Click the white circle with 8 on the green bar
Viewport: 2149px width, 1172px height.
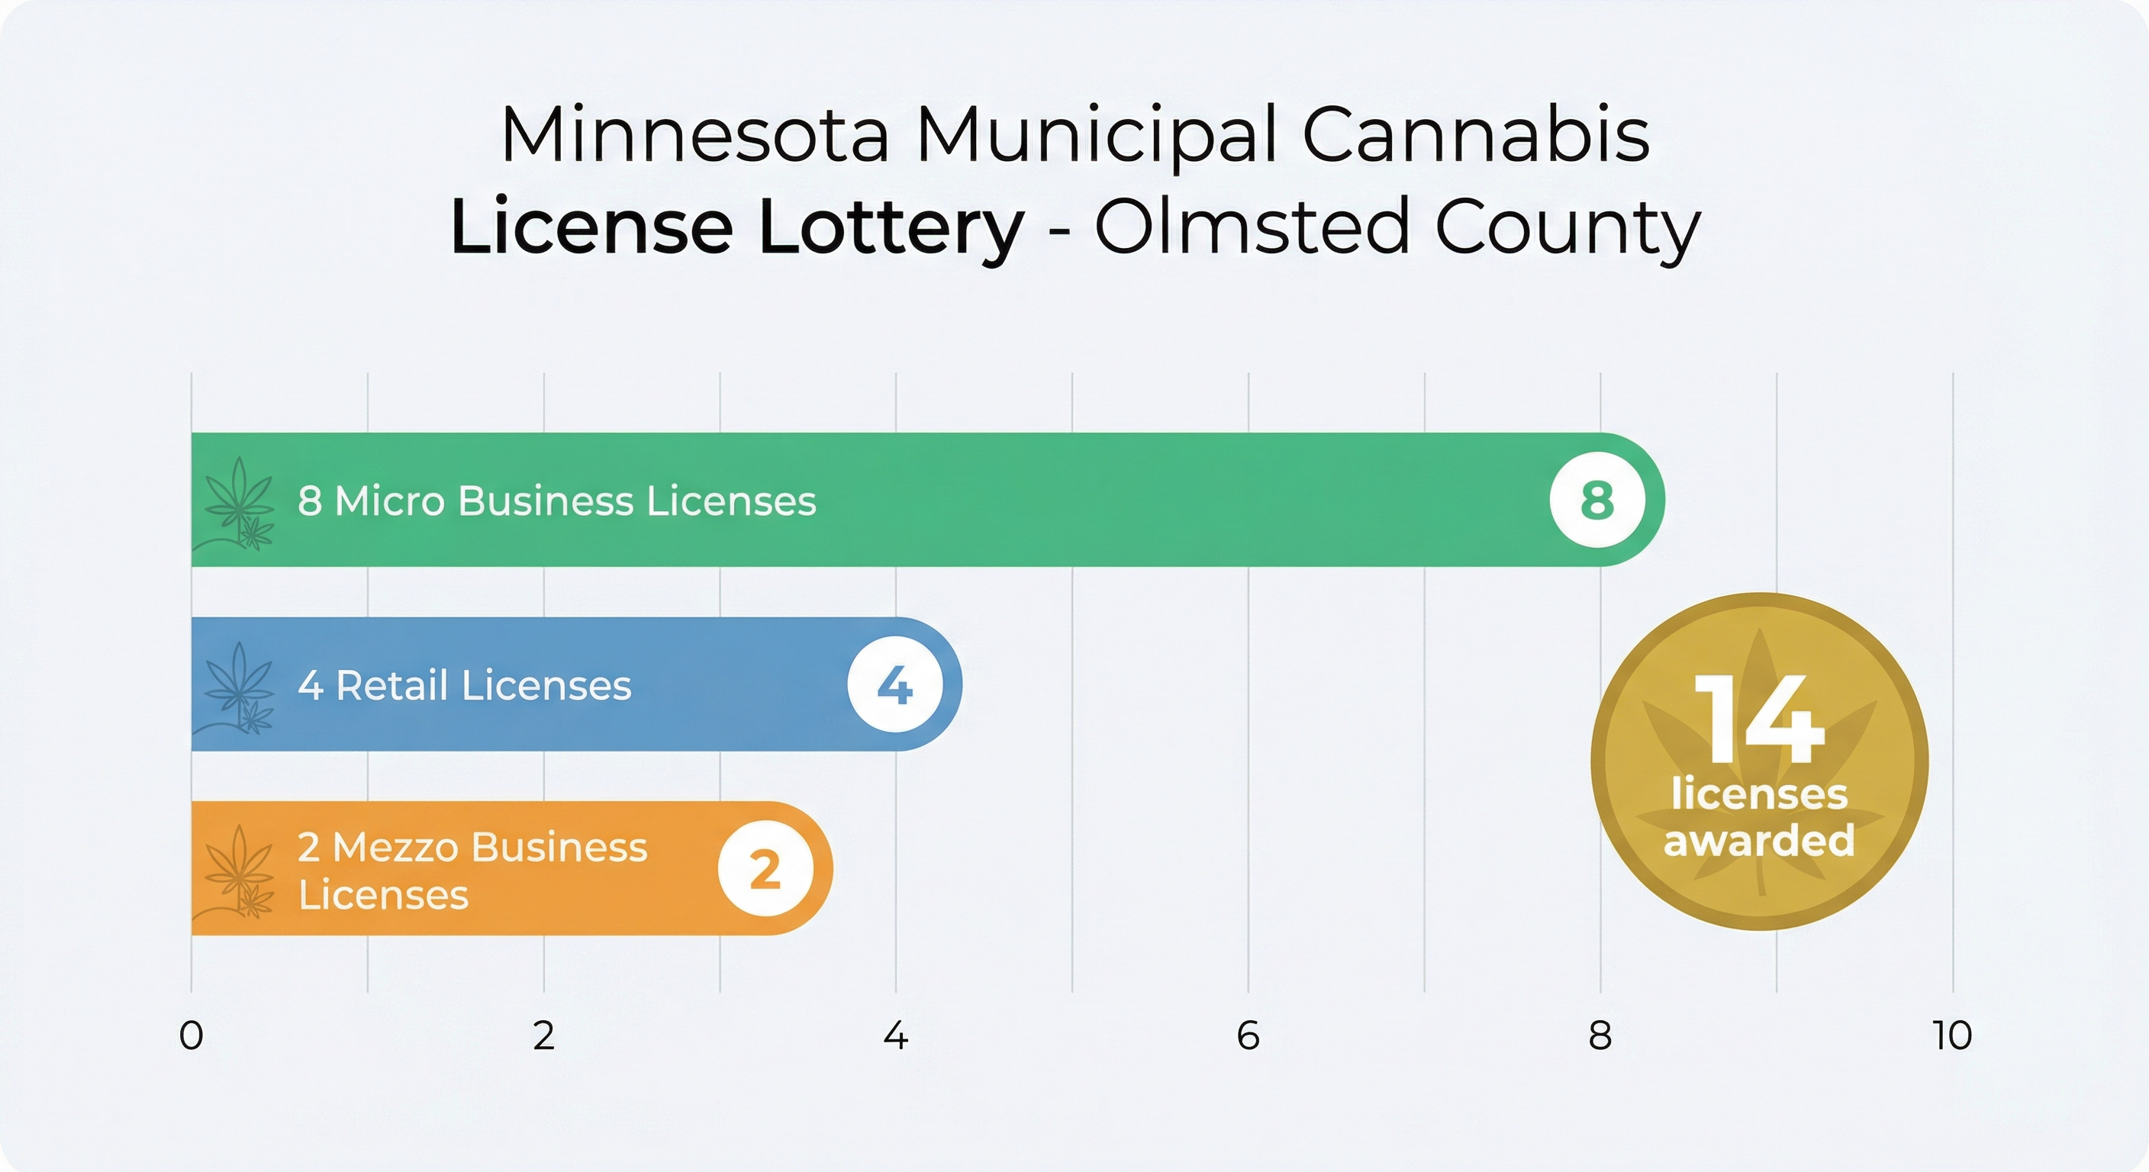[x=1597, y=500]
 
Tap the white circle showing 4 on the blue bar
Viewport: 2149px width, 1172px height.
[x=895, y=685]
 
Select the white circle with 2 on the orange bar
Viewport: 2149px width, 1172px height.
[x=765, y=869]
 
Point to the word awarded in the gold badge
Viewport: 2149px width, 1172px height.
[x=1759, y=840]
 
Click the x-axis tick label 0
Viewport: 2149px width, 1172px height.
[x=191, y=1035]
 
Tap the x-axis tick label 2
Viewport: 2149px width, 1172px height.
[x=544, y=1035]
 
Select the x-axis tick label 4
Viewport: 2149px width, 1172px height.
[x=896, y=1035]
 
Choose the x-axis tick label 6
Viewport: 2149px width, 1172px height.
[x=1248, y=1035]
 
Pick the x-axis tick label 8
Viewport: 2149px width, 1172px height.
[x=1600, y=1035]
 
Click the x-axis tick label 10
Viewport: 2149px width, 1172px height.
[x=1952, y=1035]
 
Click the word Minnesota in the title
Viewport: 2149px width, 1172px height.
[x=696, y=135]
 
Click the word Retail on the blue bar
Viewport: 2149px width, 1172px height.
[x=392, y=686]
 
